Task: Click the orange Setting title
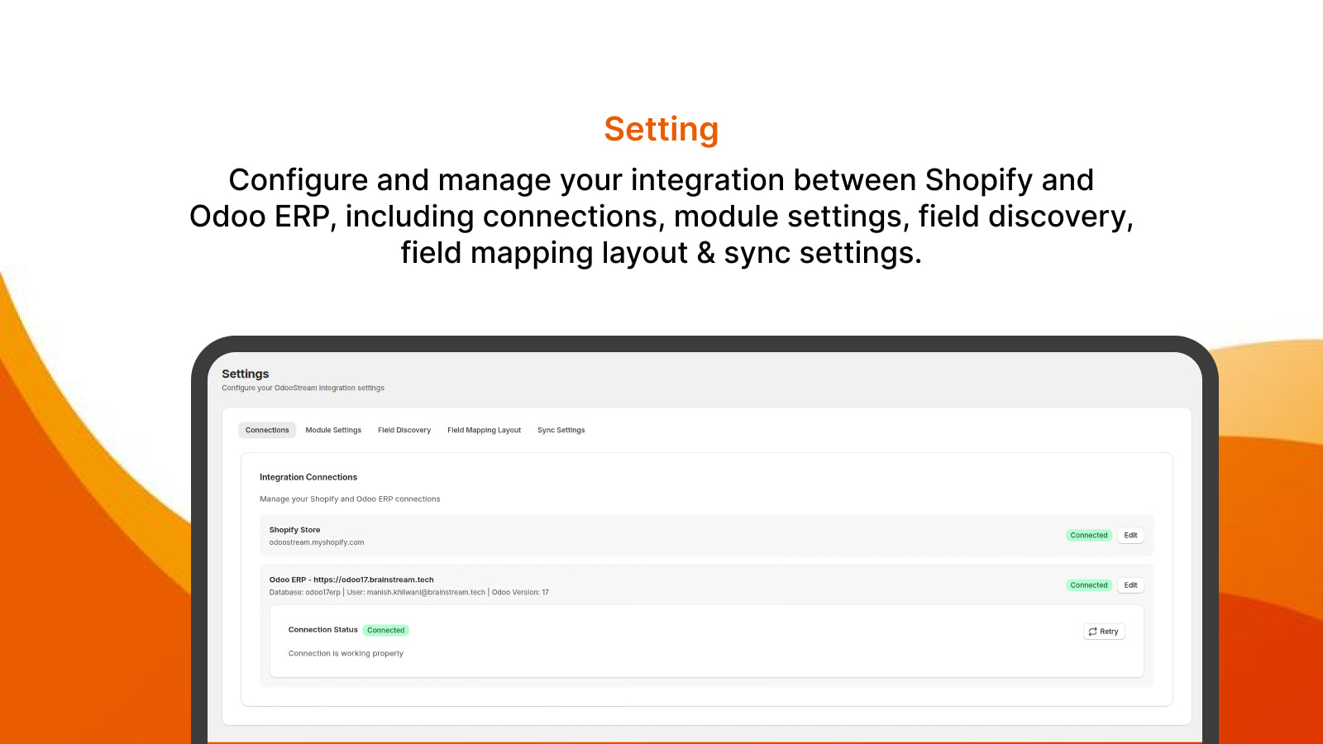(661, 130)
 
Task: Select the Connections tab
(267, 430)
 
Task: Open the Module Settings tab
(333, 430)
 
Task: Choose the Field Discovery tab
(404, 430)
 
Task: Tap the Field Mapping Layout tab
(484, 430)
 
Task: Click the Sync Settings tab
(561, 430)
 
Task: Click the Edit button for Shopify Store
(1130, 535)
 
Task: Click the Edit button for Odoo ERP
(1130, 585)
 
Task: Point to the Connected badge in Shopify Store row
(1088, 535)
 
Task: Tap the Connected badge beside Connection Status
(385, 630)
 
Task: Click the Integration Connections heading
(308, 477)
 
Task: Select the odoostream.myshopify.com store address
(317, 542)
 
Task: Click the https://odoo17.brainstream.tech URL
(373, 579)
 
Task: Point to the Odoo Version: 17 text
(520, 592)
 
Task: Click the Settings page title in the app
(246, 374)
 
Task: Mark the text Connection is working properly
(346, 653)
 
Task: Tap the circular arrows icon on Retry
(1092, 632)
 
